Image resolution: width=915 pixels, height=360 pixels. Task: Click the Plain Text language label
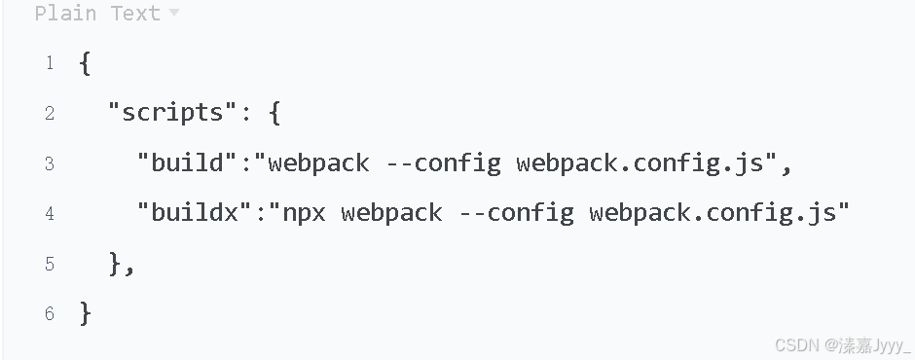click(97, 14)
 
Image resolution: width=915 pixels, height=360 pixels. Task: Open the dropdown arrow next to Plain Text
click(174, 14)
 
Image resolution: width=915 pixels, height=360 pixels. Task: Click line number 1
click(49, 64)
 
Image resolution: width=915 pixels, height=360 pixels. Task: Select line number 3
click(49, 163)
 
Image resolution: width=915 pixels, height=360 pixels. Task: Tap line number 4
click(49, 213)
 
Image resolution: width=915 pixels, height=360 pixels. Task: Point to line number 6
click(49, 314)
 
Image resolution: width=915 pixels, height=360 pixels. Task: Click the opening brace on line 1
click(85, 64)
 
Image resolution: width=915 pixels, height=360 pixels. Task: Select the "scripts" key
click(171, 113)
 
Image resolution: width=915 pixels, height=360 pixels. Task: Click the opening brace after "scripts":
click(274, 113)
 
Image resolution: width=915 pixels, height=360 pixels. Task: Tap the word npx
click(304, 212)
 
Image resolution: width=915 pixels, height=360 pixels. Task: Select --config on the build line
click(443, 162)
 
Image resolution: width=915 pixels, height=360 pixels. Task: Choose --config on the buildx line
click(516, 212)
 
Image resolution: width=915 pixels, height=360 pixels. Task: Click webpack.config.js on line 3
click(640, 162)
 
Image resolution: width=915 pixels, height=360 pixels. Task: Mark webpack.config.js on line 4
click(713, 212)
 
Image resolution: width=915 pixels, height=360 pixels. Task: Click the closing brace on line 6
click(85, 312)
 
